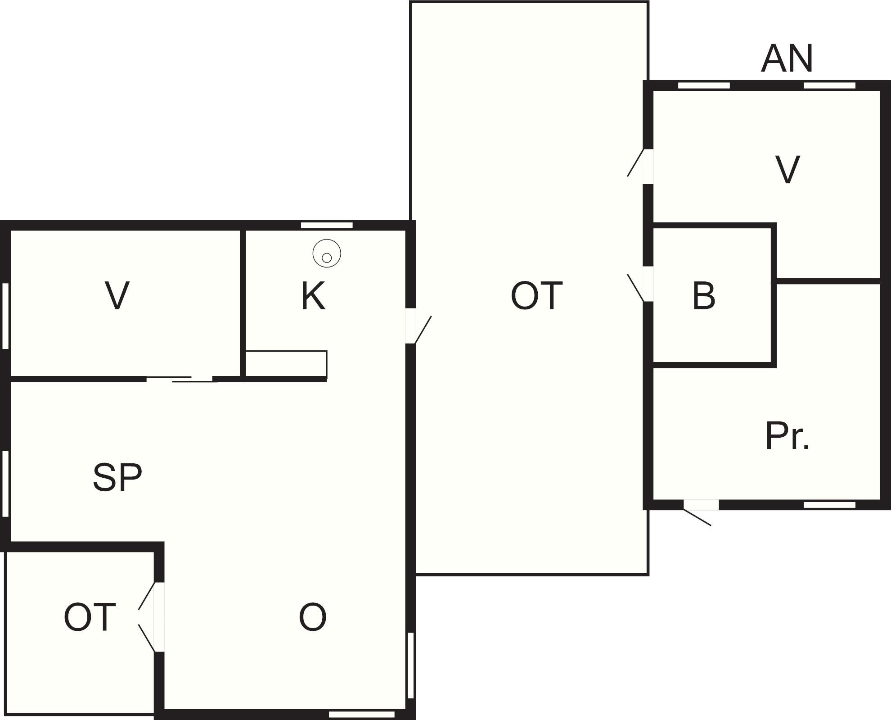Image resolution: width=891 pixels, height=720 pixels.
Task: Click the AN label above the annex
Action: click(x=787, y=59)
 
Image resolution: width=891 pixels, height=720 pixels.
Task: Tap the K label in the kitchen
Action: click(x=313, y=296)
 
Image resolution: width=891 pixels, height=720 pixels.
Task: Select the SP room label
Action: click(x=117, y=477)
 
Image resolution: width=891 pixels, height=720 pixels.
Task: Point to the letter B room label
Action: click(x=704, y=296)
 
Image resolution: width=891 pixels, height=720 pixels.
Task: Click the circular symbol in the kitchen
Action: click(x=327, y=254)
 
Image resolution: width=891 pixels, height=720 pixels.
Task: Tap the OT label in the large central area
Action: click(x=536, y=296)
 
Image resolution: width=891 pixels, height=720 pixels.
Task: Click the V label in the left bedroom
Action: click(x=117, y=295)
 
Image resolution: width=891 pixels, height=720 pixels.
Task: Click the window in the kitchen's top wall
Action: click(x=327, y=225)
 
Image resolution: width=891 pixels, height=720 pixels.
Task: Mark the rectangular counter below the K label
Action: click(x=286, y=364)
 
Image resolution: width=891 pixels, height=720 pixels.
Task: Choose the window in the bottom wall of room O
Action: click(x=362, y=714)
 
